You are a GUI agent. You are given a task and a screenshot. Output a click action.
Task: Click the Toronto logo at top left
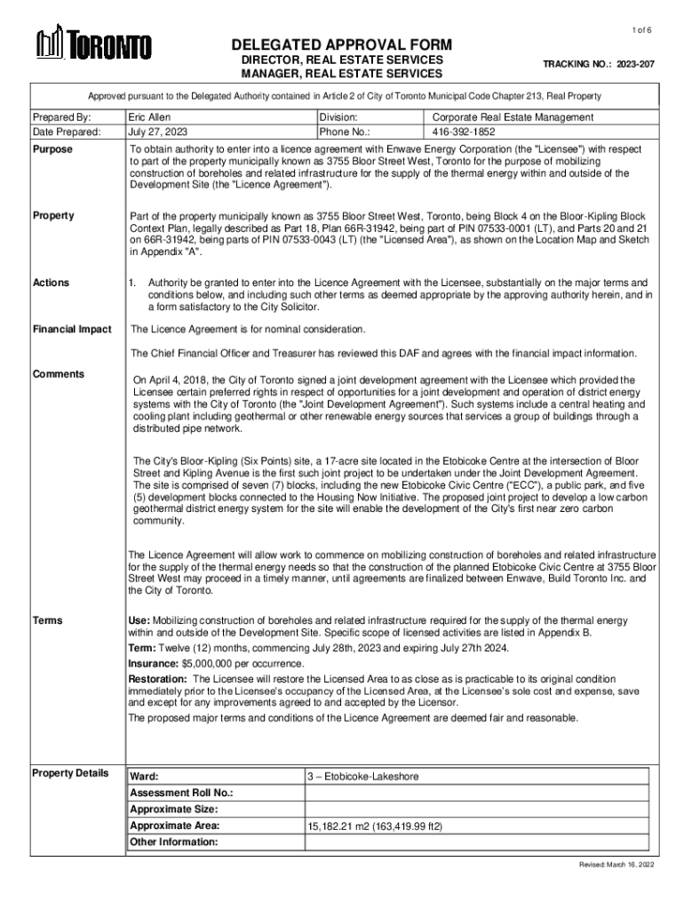tap(92, 44)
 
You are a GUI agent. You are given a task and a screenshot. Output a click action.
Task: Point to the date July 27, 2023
tap(158, 132)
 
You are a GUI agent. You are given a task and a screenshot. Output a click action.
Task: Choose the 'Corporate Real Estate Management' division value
tap(513, 117)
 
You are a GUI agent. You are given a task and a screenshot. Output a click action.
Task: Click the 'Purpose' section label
tap(52, 149)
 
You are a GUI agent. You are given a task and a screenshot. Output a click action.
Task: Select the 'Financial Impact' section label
tap(72, 330)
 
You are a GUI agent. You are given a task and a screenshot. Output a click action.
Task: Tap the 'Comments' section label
tap(59, 374)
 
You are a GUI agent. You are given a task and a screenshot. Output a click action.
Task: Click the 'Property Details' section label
tap(70, 772)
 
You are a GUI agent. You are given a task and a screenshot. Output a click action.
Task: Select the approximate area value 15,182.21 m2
tap(375, 826)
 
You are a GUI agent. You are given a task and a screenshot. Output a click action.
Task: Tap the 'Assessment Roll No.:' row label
tap(181, 793)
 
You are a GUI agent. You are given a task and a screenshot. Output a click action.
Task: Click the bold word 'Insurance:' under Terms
tap(154, 664)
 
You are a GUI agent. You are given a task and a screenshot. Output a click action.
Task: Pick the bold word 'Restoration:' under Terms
tap(158, 678)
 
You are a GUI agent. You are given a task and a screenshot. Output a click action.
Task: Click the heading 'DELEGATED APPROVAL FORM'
tap(342, 44)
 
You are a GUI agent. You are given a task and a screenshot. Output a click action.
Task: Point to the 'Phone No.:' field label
tap(349, 132)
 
